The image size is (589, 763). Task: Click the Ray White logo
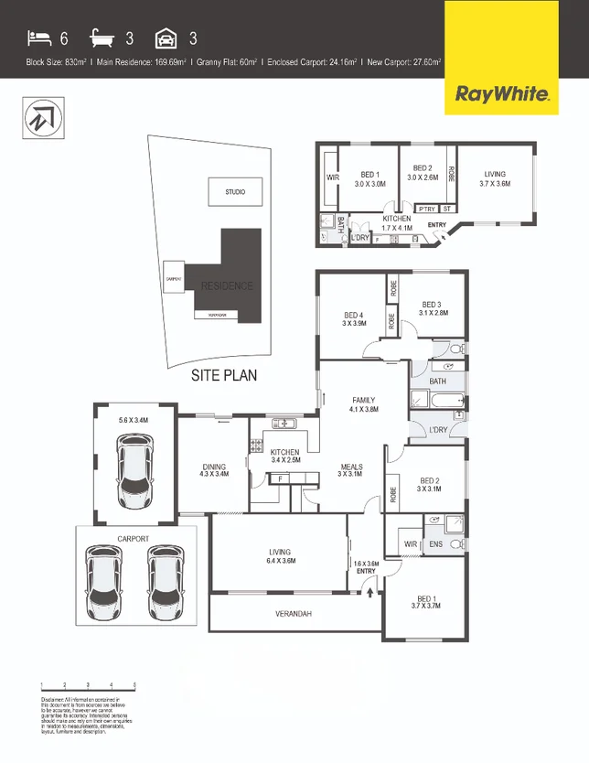tap(502, 93)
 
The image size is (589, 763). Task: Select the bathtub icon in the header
tap(104, 38)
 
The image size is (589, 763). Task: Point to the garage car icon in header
tap(166, 38)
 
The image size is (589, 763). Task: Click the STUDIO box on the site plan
tap(235, 191)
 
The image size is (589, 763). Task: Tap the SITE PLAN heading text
tap(224, 375)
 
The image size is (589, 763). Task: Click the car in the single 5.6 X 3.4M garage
tap(135, 467)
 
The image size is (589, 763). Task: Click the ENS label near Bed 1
tap(436, 544)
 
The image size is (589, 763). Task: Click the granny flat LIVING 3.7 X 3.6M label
tap(495, 178)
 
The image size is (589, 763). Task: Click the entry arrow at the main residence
tap(369, 592)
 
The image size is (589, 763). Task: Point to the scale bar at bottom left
tap(89, 684)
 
